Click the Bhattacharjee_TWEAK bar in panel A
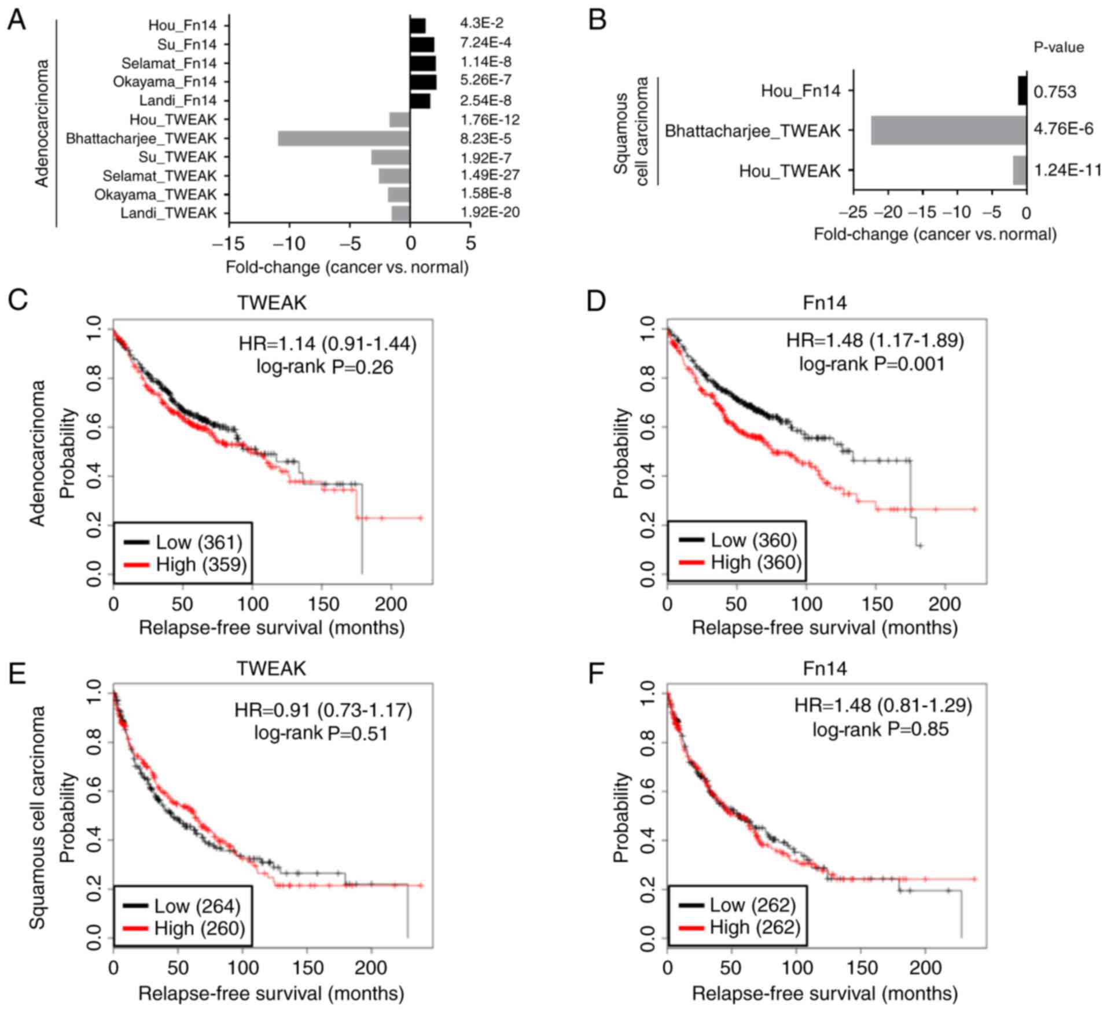pyautogui.click(x=344, y=138)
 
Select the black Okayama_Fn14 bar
pyautogui.click(x=423, y=82)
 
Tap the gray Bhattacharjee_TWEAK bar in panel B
pyautogui.click(x=948, y=130)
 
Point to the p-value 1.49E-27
pyautogui.click(x=490, y=175)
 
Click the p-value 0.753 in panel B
pyautogui.click(x=1055, y=92)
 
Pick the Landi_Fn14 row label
pyautogui.click(x=178, y=101)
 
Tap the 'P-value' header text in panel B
pyautogui.click(x=1058, y=47)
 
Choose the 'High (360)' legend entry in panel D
pyautogui.click(x=756, y=562)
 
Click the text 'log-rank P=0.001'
pyautogui.click(x=872, y=364)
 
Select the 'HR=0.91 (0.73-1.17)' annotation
pyautogui.click(x=323, y=710)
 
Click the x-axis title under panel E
pyautogui.click(x=271, y=994)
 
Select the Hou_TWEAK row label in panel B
pyautogui.click(x=789, y=171)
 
